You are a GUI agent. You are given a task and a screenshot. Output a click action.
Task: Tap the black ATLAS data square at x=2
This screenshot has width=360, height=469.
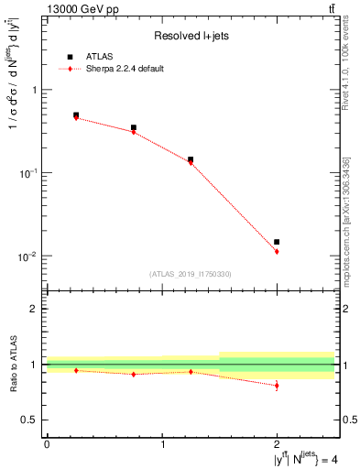[277, 242]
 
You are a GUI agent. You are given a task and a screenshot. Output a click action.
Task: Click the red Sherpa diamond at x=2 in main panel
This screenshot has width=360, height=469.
[277, 251]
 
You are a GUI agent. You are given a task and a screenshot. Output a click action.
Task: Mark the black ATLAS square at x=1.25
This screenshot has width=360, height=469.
[191, 159]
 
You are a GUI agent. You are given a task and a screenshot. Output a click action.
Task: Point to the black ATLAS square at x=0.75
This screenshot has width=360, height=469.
[134, 128]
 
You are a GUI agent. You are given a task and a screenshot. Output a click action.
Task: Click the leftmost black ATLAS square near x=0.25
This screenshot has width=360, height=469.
[76, 115]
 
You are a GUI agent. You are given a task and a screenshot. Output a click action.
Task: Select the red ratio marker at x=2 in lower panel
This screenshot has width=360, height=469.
[277, 386]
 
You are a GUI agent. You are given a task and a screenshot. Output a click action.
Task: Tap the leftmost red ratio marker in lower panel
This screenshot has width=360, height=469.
[76, 370]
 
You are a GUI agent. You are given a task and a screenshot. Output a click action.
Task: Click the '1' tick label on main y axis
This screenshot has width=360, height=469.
[35, 90]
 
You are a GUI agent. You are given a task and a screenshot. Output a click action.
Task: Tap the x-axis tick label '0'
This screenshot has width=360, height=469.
[47, 444]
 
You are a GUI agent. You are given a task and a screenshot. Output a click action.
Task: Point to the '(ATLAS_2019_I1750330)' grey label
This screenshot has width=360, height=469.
[191, 274]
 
